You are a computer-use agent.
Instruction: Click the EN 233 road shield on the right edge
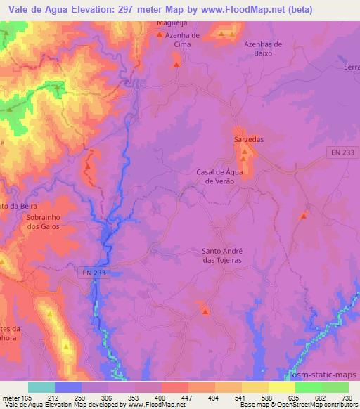[x=342, y=152]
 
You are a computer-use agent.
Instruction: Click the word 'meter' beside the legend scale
[x=11, y=398]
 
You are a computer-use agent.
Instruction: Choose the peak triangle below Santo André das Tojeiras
[x=205, y=311]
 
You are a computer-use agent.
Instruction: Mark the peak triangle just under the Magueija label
[x=160, y=34]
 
